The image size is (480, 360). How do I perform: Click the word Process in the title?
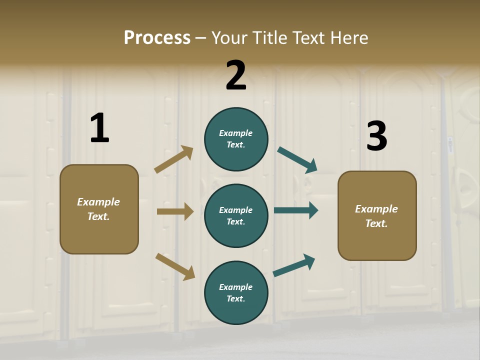(157, 38)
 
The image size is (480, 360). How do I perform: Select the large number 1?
(99, 128)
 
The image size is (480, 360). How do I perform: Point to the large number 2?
(236, 75)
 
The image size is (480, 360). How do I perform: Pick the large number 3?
(376, 136)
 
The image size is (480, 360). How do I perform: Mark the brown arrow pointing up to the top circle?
(173, 160)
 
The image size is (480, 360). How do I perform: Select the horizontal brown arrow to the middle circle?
(175, 211)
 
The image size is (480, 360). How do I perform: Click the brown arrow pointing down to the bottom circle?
(175, 266)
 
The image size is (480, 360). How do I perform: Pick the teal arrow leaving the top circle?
(297, 160)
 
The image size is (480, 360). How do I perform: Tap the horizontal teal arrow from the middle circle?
(296, 210)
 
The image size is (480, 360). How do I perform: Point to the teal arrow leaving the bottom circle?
(294, 265)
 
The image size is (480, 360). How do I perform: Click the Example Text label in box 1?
(98, 209)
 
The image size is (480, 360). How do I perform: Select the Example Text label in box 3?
(376, 216)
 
